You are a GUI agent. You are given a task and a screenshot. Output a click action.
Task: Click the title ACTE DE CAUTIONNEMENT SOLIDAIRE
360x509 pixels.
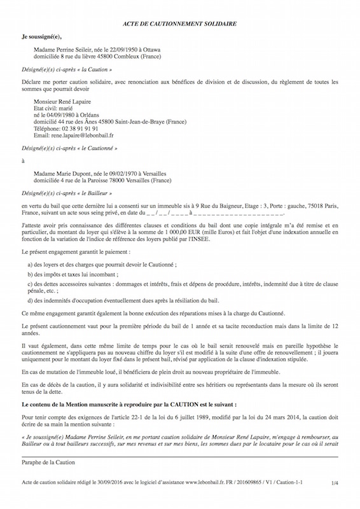[x=179, y=23]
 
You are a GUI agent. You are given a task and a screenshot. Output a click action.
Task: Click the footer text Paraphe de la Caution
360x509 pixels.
[x=48, y=480]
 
